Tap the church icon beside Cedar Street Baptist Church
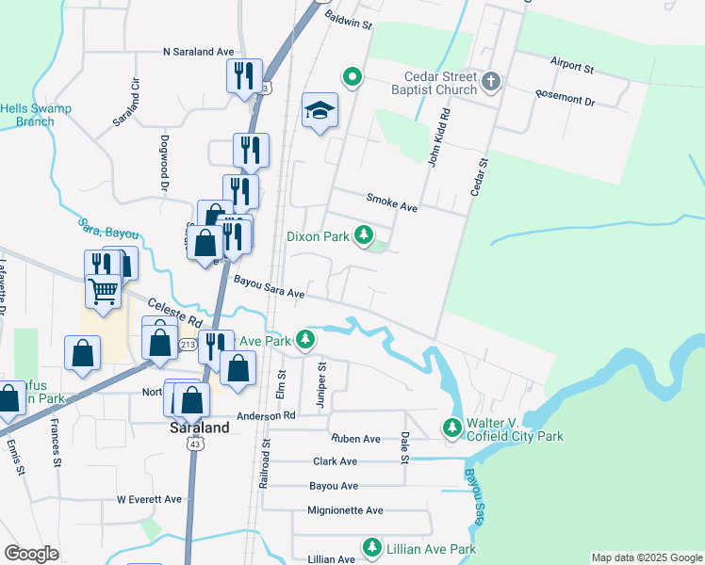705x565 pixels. pos(490,82)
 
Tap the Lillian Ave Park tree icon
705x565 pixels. pos(372,547)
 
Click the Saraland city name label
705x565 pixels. pos(199,427)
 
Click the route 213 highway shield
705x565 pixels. pos(156,346)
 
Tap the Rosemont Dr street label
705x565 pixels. pos(566,98)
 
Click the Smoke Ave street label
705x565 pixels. pos(391,202)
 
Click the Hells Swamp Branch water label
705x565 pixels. pos(27,115)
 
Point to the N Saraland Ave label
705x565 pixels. pos(198,53)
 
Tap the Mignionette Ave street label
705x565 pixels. pos(345,510)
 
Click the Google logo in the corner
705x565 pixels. pos(31,554)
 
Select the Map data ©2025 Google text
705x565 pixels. pos(646,557)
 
